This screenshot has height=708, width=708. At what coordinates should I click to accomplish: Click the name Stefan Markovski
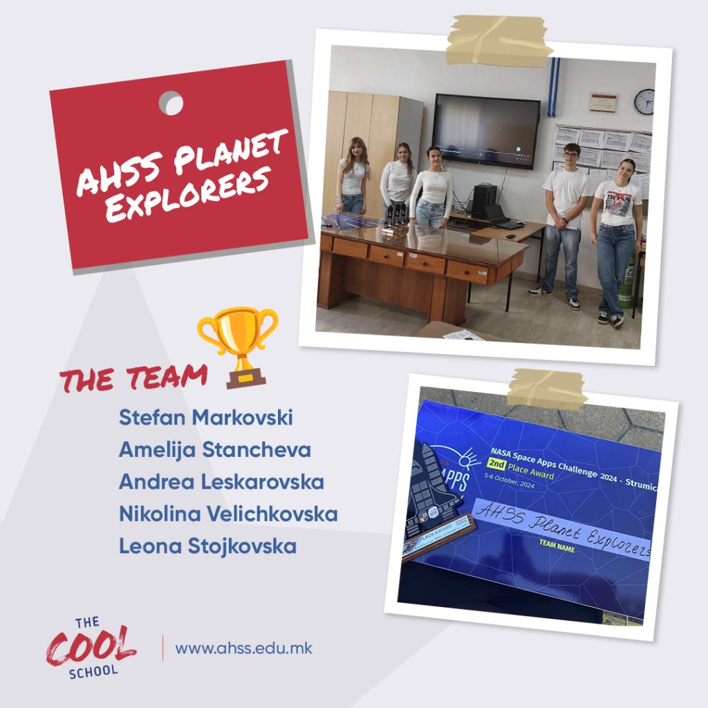tap(205, 418)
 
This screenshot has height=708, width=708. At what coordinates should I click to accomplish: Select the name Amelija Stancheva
tap(214, 450)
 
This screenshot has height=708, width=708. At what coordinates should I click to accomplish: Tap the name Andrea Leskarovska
tap(221, 482)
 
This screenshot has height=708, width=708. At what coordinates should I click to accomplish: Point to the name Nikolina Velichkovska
tap(227, 514)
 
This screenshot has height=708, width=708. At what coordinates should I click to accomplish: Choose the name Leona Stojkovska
tap(207, 546)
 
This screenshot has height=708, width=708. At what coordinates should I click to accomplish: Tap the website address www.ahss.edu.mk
tap(243, 649)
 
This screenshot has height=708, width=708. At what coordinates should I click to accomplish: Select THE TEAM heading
tap(133, 378)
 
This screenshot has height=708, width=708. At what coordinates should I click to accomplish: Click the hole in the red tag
tap(171, 104)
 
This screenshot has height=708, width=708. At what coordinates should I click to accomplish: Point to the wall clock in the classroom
tap(644, 102)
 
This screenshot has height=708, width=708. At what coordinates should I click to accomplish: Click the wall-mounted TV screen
tap(486, 131)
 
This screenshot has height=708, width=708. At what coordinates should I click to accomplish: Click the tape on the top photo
tap(499, 39)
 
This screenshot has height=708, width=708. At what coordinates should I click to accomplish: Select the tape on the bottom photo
tap(547, 389)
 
